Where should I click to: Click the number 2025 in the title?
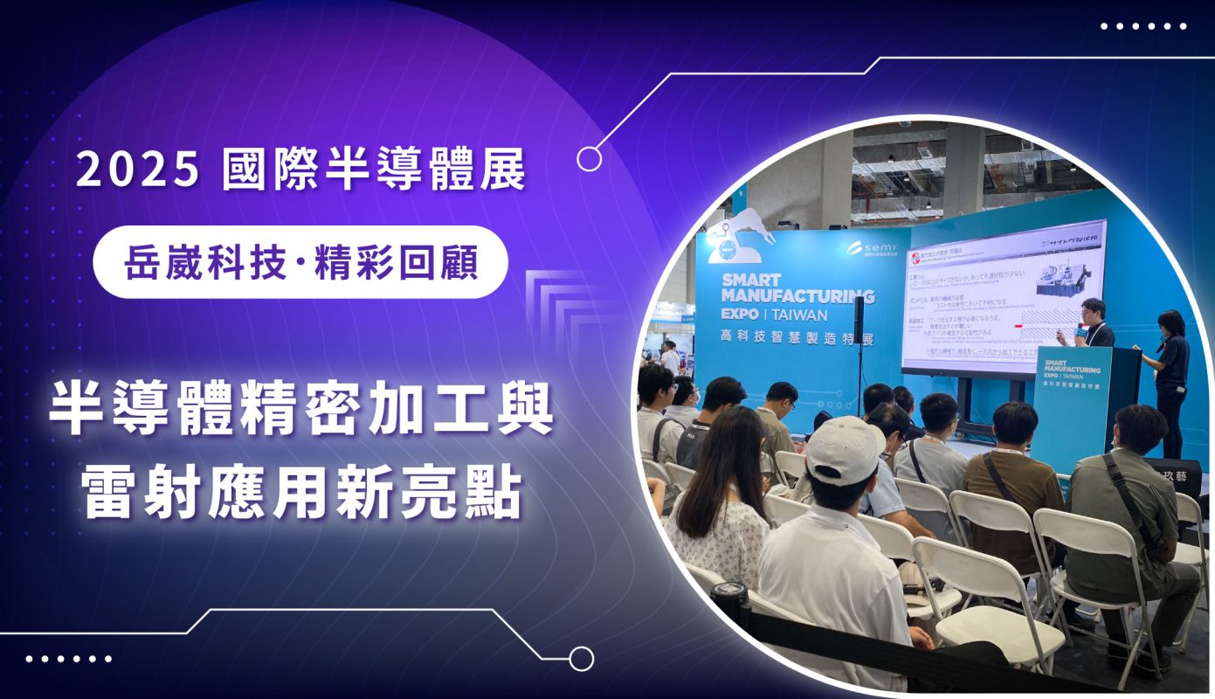point(137,170)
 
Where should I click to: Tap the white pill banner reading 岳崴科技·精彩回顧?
point(300,262)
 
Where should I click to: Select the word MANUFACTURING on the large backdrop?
point(797,296)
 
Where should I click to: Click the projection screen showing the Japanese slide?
point(1004,297)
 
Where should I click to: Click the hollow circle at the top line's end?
point(590,158)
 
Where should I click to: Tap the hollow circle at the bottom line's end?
point(581,658)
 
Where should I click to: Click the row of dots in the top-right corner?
point(1143,26)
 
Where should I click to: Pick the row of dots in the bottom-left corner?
point(69,658)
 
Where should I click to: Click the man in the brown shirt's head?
point(1015,425)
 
